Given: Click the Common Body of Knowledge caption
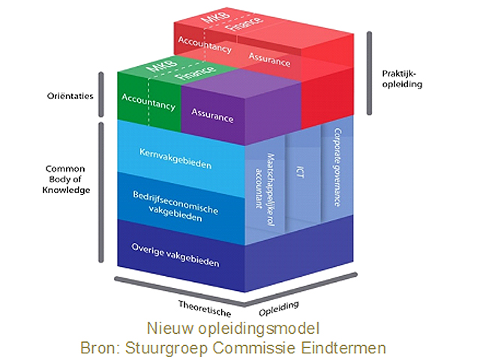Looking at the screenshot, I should click(x=67, y=179).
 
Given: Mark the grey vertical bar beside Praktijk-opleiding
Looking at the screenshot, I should click(x=369, y=73).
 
